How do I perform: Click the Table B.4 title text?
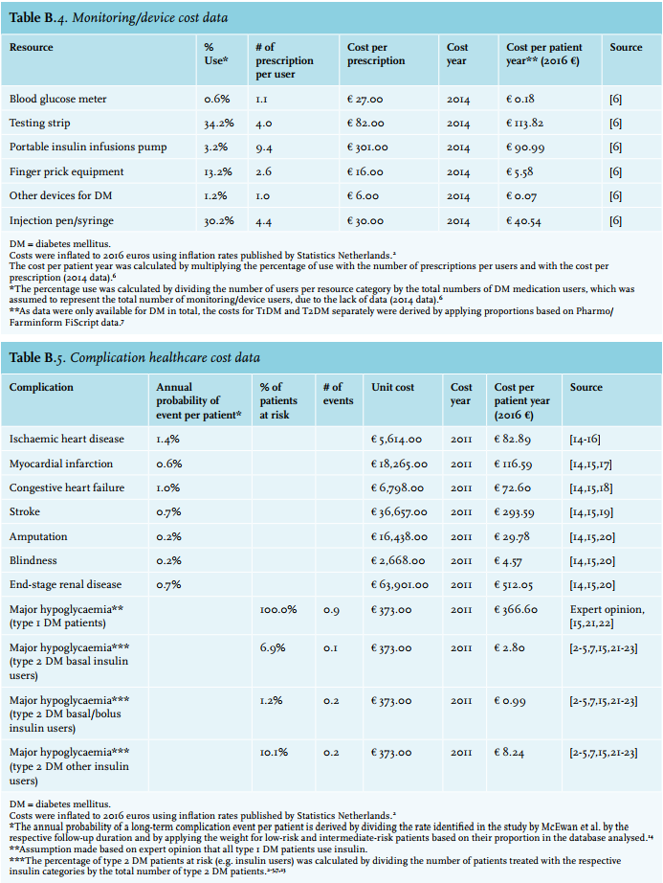(x=119, y=18)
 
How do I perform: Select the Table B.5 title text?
(x=134, y=357)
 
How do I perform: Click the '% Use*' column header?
(x=216, y=54)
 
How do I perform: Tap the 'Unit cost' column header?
(x=392, y=388)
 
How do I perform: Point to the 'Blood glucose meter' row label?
(x=58, y=99)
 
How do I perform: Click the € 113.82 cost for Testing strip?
(x=524, y=124)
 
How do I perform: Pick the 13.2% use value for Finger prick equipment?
(x=218, y=171)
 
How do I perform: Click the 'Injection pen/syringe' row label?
(x=61, y=220)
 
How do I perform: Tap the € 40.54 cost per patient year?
(x=523, y=221)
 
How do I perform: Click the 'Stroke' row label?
(x=25, y=512)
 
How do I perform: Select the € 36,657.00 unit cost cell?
(x=399, y=512)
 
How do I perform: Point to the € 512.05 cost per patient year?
(x=513, y=585)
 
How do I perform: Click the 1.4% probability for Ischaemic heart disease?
(x=168, y=440)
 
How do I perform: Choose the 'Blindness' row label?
(x=33, y=561)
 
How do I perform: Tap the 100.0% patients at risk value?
(x=278, y=610)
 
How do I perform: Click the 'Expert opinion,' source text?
(x=608, y=610)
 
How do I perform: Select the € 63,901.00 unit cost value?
(x=400, y=585)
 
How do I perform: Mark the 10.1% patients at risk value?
(x=274, y=753)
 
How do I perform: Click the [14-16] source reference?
(x=585, y=440)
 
